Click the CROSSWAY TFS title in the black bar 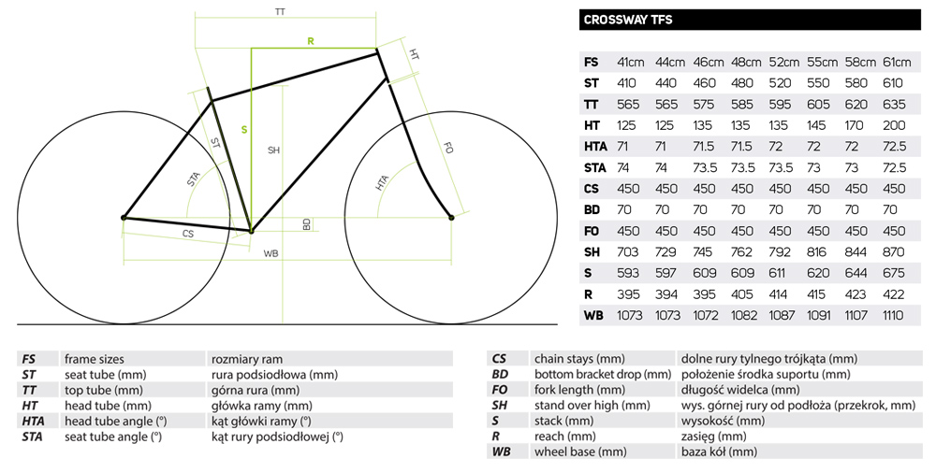(x=628, y=20)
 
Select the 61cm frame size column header (x=897, y=62)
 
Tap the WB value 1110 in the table (x=893, y=315)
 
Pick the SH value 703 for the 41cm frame (x=627, y=252)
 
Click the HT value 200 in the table (x=894, y=125)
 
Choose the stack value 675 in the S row (x=894, y=273)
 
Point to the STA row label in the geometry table (x=594, y=167)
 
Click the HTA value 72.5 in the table (x=894, y=147)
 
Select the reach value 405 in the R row (x=742, y=294)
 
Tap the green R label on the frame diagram (x=311, y=41)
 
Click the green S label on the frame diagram (x=244, y=129)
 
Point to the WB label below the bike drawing (x=271, y=254)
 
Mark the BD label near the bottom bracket (x=306, y=224)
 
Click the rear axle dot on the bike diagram (x=124, y=218)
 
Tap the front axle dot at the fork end (x=451, y=218)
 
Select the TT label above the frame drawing (x=280, y=12)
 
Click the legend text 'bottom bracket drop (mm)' (x=603, y=374)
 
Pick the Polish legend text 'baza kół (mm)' (x=719, y=451)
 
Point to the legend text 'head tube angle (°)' (x=116, y=421)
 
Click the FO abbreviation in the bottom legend (x=500, y=390)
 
